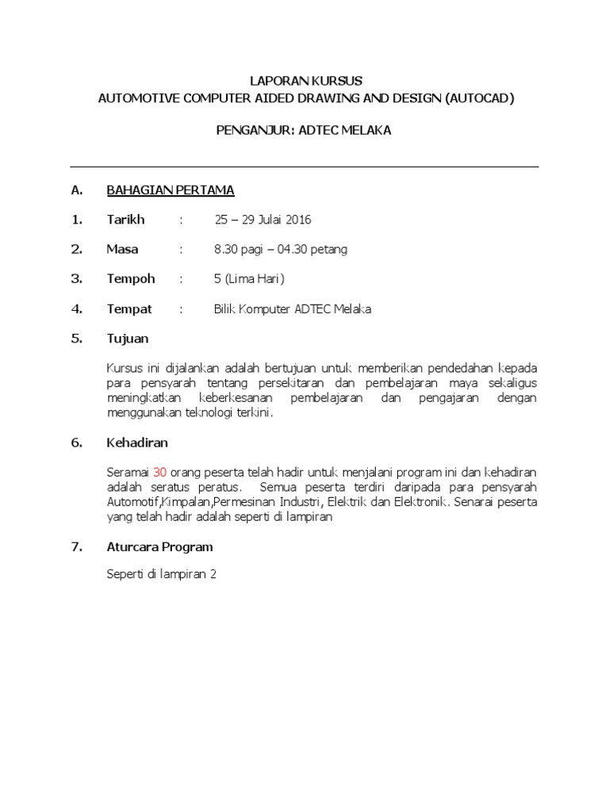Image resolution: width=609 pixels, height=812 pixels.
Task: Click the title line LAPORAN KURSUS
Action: [305, 81]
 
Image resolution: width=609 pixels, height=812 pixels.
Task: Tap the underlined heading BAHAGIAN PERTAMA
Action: [170, 190]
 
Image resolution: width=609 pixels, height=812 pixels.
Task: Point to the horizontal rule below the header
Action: [304, 167]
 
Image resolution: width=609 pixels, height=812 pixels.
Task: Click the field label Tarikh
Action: [126, 220]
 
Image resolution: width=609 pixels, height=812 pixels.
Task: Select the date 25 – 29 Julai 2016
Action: [263, 220]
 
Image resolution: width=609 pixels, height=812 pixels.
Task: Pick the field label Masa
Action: [122, 249]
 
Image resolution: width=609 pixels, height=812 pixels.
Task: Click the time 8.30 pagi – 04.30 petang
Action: [281, 249]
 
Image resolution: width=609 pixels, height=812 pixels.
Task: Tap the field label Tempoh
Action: [131, 279]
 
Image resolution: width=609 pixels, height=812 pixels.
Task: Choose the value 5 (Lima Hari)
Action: [249, 279]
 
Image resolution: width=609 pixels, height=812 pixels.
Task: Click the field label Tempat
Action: [129, 309]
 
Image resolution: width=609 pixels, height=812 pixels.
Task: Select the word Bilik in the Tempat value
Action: [226, 309]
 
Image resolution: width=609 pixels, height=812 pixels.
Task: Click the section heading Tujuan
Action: [128, 339]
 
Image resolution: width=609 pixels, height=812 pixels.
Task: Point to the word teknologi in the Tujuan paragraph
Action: [213, 413]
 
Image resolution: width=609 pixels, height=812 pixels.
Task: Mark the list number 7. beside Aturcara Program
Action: [77, 547]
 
